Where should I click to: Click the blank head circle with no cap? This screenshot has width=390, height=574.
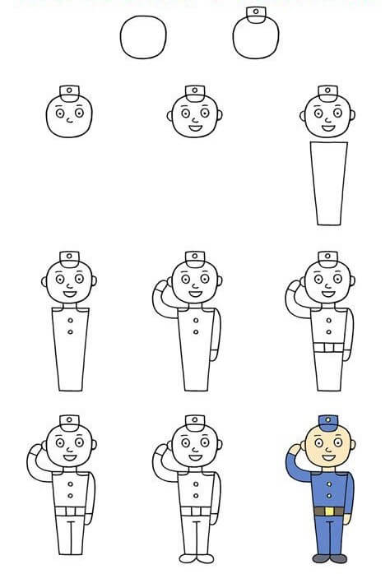click(x=143, y=37)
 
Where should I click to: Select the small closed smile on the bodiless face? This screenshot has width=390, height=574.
click(x=69, y=124)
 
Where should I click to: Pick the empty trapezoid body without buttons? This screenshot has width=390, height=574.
click(x=327, y=183)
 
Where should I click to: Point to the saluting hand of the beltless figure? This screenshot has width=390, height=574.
click(x=161, y=285)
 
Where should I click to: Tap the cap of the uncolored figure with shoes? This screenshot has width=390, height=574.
click(x=194, y=424)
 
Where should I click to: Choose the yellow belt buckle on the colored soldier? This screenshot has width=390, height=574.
click(x=328, y=512)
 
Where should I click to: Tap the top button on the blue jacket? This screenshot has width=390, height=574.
click(x=328, y=483)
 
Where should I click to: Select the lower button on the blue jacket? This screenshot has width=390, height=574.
click(x=328, y=497)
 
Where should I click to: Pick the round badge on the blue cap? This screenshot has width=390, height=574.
click(x=327, y=420)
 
